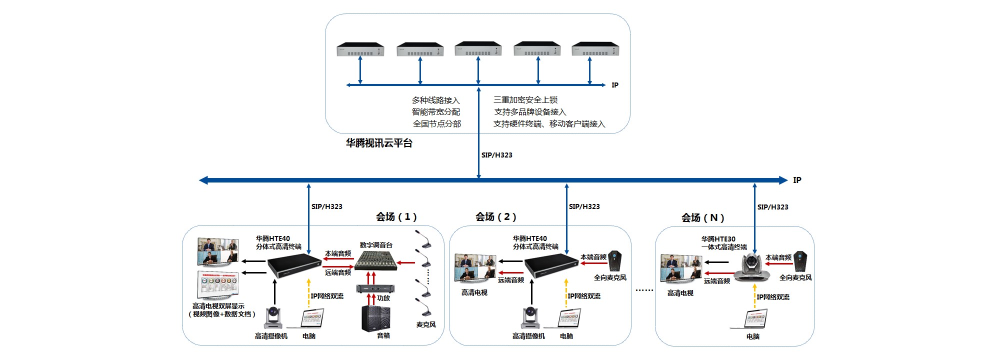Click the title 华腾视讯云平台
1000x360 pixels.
tap(379, 143)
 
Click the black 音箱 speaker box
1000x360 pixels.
tap(375, 318)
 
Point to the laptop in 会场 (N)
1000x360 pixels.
tap(754, 319)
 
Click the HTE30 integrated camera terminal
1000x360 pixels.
tap(752, 267)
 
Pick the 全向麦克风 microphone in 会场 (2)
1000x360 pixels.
tap(614, 260)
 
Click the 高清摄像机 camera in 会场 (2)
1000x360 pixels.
tap(530, 317)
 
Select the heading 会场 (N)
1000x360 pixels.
tap(702, 217)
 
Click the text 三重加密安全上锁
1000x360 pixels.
tap(525, 100)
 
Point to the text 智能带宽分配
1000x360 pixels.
tap(436, 112)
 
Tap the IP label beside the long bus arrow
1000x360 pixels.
tap(797, 180)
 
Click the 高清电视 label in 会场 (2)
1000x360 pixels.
tap(474, 292)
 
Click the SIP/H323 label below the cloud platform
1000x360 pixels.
tap(496, 155)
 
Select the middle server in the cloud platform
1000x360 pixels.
tap(478, 49)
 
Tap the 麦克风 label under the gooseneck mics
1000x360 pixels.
tap(426, 324)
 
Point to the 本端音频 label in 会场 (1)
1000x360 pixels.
tap(338, 253)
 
